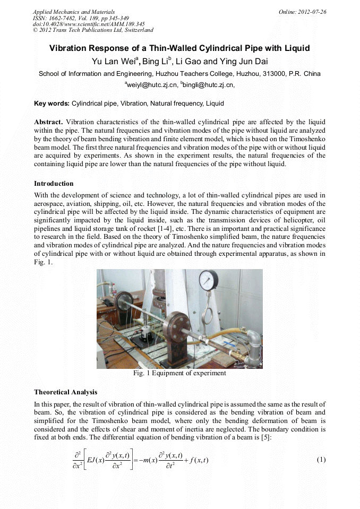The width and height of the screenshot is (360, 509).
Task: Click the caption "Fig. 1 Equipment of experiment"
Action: coord(179,373)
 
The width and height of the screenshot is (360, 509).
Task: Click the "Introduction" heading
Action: coord(54,184)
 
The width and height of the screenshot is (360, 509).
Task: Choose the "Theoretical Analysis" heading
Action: coord(65,392)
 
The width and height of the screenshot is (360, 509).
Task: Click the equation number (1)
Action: coord(321,460)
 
